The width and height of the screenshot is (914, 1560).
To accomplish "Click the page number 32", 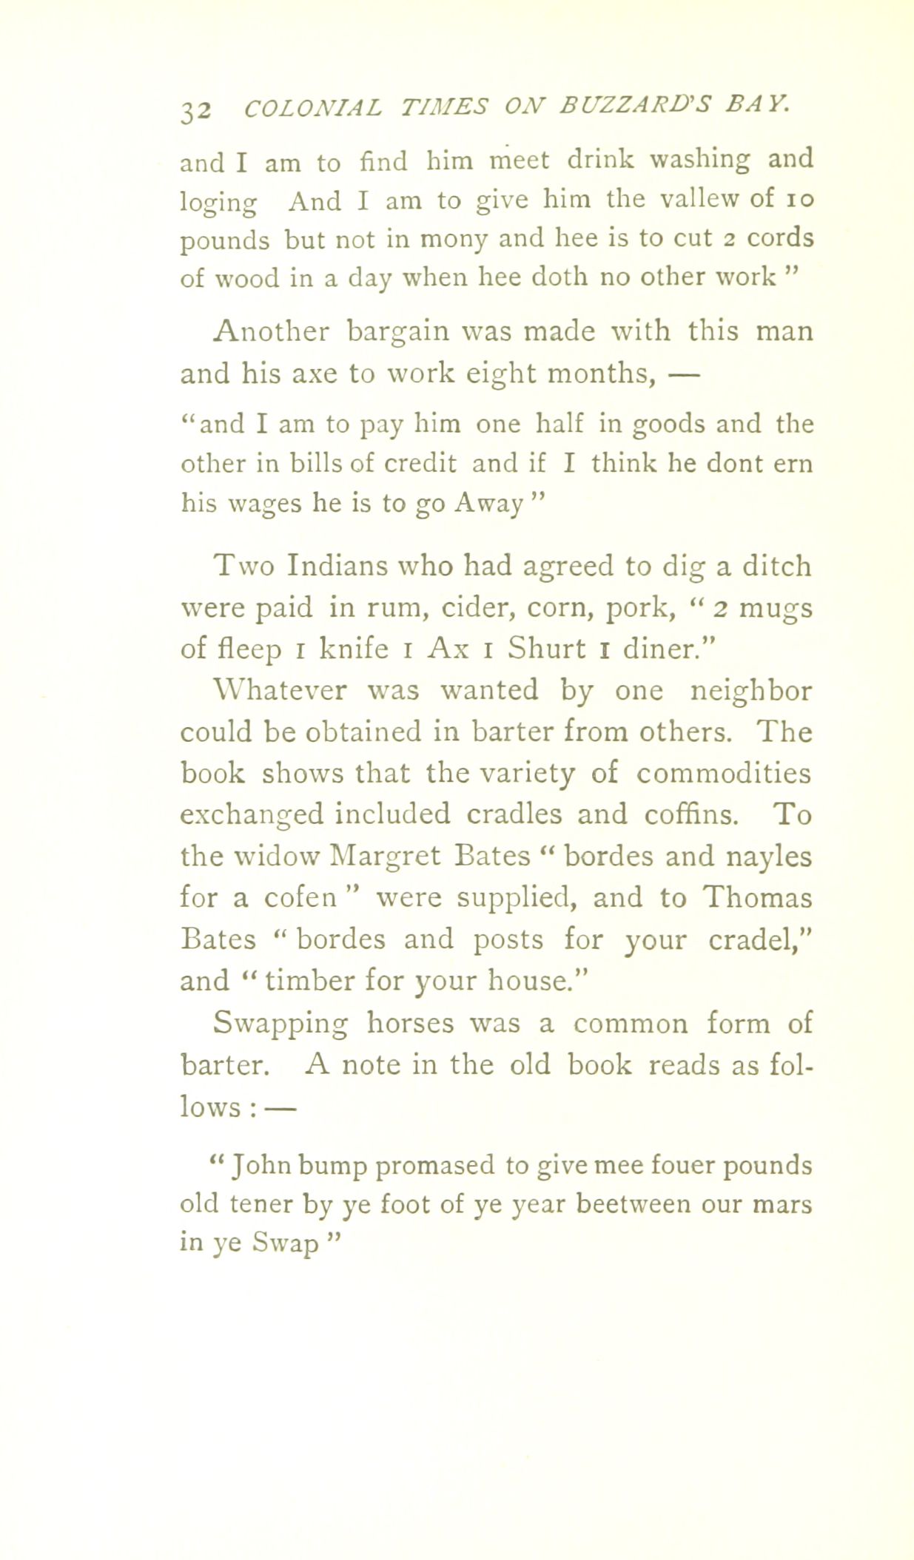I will (197, 109).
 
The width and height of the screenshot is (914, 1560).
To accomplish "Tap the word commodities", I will (723, 773).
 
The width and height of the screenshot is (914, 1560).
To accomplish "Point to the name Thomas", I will (757, 897).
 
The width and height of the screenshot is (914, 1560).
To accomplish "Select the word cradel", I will (756, 939).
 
